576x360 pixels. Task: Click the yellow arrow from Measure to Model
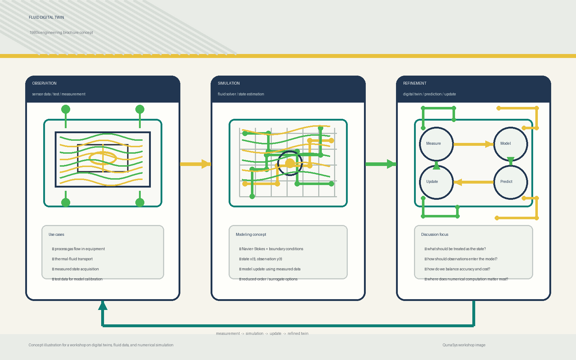pos(473,144)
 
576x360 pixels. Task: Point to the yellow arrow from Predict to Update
pos(473,182)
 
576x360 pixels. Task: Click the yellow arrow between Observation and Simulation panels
pos(195,164)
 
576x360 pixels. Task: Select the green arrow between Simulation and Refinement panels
pos(381,164)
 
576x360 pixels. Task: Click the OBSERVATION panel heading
pos(44,83)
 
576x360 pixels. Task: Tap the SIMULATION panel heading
pos(229,83)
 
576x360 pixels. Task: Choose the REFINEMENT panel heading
pos(414,83)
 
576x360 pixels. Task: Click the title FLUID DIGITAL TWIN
pos(46,18)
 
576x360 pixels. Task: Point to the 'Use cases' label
pos(56,234)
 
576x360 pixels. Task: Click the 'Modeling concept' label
pos(251,234)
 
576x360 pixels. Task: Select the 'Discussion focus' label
pos(435,234)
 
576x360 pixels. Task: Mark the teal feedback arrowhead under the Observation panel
pos(103,305)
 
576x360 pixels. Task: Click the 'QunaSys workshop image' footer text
pos(464,345)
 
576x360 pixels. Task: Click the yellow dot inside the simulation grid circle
pos(290,163)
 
